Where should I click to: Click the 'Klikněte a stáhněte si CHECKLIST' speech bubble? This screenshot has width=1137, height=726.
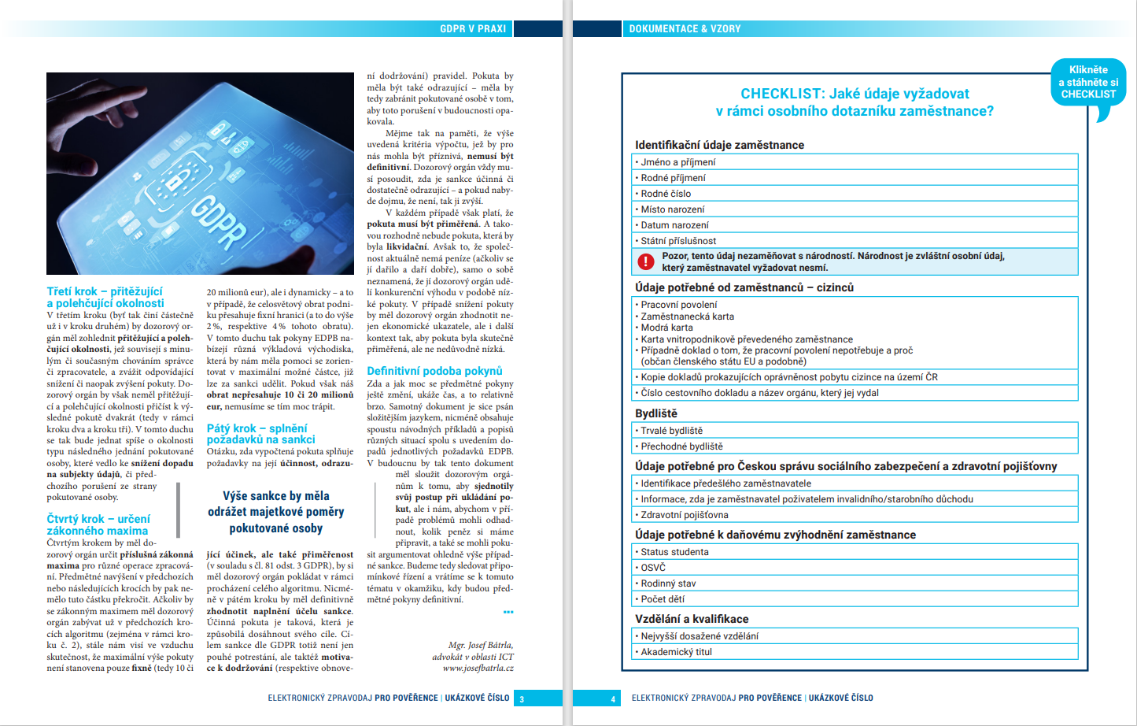coord(1088,83)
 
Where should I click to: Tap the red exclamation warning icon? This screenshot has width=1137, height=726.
coord(646,261)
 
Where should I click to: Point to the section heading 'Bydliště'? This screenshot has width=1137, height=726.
coord(656,413)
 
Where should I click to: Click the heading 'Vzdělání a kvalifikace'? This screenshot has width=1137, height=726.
coord(692,619)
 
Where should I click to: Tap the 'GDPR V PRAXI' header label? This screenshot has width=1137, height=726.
coord(473,29)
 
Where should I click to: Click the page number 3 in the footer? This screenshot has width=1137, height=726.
coord(522,698)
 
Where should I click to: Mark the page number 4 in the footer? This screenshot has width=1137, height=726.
coord(613,698)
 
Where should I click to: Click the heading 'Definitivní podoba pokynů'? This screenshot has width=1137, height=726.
coord(434,371)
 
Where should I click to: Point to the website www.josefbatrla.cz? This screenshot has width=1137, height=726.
coord(478,669)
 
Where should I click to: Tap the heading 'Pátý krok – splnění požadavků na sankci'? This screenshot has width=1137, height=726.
coord(260,434)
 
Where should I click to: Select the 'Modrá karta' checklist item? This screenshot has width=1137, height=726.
coord(666,328)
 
